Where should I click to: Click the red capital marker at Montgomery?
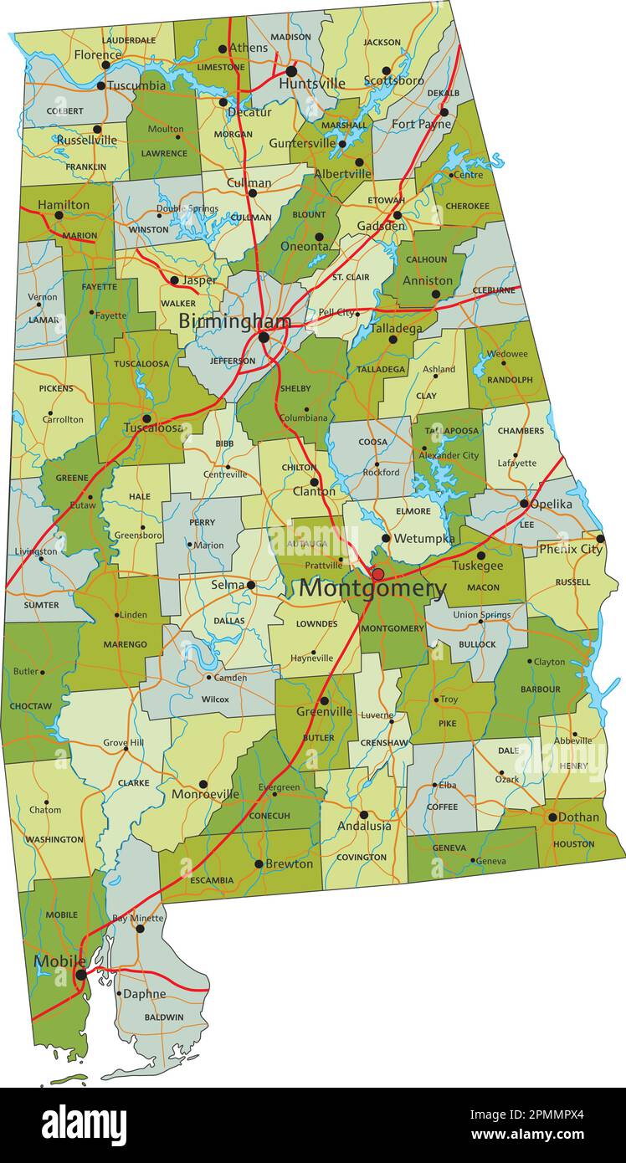[377, 574]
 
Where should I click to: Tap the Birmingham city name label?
[234, 321]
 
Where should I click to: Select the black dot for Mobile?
[80, 975]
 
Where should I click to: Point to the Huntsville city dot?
[291, 71]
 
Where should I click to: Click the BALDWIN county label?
[163, 1017]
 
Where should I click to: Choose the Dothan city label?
[578, 817]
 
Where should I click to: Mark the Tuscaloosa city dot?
[146, 418]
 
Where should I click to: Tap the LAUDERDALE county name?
[129, 39]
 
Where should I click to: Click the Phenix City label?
[570, 549]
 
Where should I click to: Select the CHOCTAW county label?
[31, 706]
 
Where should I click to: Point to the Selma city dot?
[250, 585]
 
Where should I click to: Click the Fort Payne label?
[421, 125]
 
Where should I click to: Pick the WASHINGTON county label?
[54, 839]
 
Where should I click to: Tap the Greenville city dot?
[324, 701]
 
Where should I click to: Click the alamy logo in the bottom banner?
[85, 1125]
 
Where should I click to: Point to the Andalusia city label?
[364, 826]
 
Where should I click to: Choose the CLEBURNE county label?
[494, 290]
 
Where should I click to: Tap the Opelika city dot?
[524, 504]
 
